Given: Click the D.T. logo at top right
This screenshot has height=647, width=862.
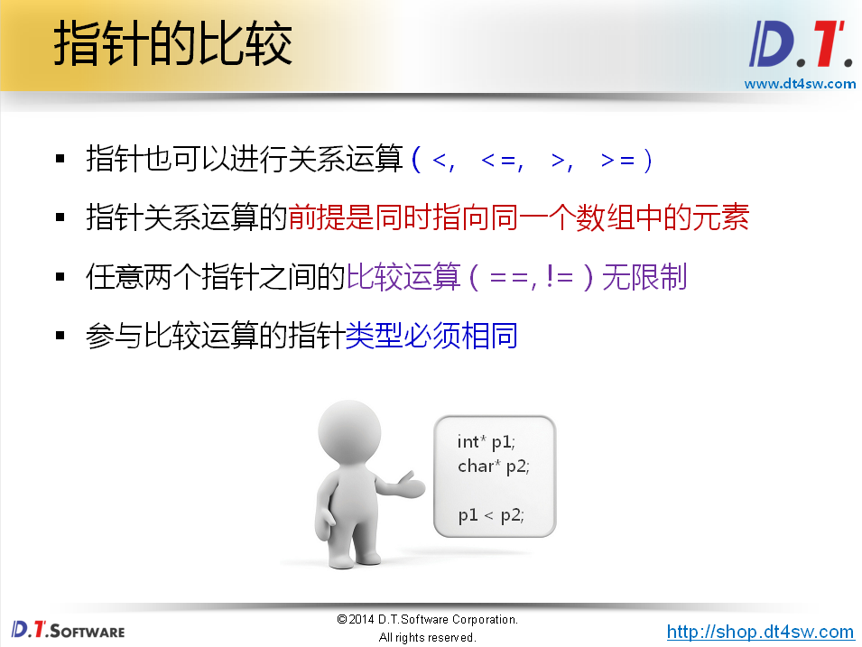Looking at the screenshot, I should click(800, 45).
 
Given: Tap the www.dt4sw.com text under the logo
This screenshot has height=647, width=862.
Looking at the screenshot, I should click(799, 84).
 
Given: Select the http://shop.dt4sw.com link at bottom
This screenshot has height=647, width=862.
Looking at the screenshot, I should click(760, 632).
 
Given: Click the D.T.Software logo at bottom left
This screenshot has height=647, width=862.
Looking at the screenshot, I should click(68, 629).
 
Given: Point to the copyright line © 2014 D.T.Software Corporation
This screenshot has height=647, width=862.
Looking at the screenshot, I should click(427, 620).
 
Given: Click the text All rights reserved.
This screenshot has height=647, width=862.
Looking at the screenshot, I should click(427, 638).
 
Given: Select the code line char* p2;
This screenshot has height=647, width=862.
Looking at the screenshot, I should click(493, 467).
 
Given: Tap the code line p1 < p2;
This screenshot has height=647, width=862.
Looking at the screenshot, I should click(490, 515).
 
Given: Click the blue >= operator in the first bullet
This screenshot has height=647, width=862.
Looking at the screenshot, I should click(617, 161).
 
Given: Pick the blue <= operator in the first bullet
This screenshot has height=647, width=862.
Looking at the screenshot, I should click(498, 161).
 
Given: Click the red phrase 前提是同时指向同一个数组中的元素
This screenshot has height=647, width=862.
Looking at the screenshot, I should click(518, 217).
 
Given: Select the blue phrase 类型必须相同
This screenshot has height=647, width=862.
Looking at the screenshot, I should click(431, 337).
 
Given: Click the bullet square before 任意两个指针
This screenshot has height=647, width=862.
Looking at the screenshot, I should click(60, 276).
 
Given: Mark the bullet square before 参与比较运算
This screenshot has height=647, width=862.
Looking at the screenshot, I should click(60, 336).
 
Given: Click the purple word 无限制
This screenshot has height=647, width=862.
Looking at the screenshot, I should click(644, 277).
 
